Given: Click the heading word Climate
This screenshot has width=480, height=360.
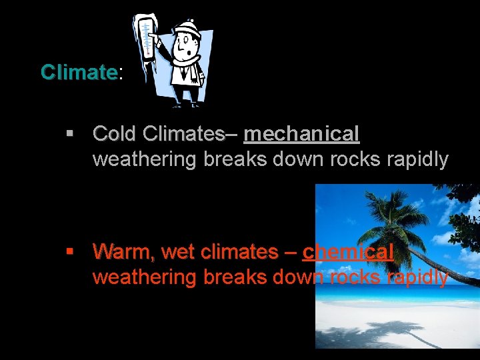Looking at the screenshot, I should click(79, 72).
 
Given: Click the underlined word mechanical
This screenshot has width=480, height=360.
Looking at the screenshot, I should click(301, 134).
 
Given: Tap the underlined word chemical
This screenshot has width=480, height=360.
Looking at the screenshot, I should click(348, 252).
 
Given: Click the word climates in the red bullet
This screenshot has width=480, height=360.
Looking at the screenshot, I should click(238, 252).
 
